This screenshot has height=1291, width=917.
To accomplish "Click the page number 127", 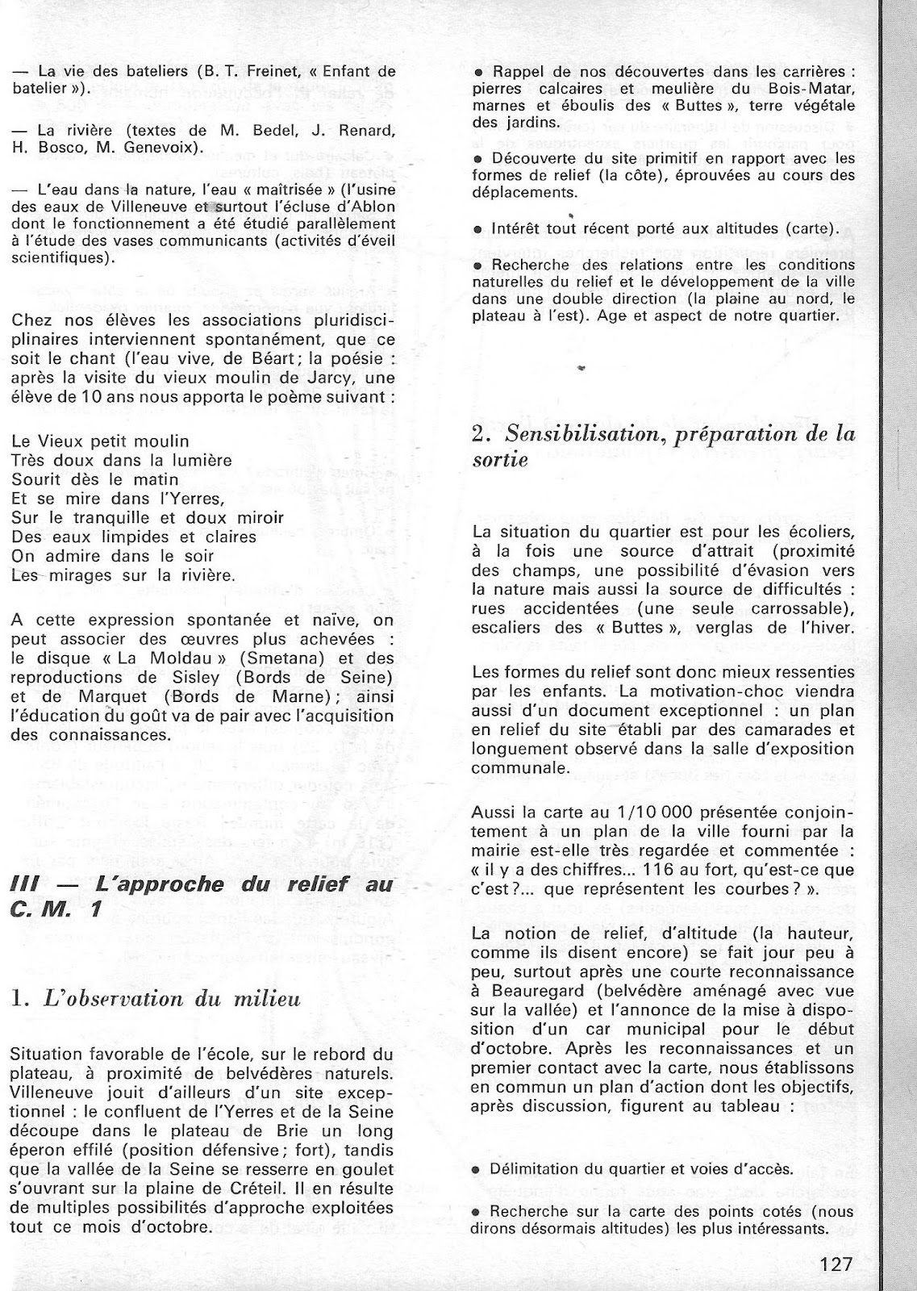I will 830,1264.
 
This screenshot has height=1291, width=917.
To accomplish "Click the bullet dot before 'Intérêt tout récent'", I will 479,230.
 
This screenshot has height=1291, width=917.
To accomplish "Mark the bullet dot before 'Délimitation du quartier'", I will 476,1170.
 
